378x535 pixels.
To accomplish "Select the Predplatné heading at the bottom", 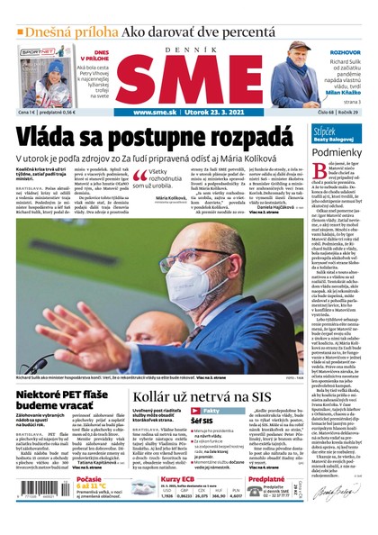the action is pyautogui.click(x=267, y=479).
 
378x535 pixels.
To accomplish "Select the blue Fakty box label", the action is pyautogui.click(x=205, y=385).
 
